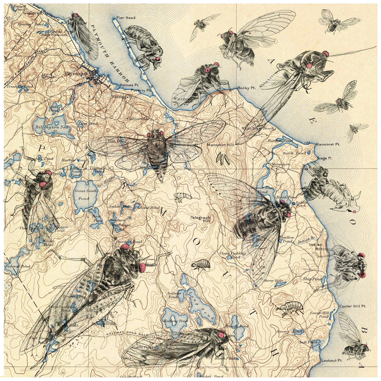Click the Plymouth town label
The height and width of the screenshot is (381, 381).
[73, 74]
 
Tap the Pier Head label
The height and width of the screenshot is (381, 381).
[126, 18]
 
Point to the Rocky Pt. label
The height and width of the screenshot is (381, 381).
[246, 88]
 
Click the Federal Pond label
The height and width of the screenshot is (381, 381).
[18, 266]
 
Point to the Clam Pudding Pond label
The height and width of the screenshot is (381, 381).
[233, 255]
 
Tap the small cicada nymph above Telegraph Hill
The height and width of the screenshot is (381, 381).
[181, 196]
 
